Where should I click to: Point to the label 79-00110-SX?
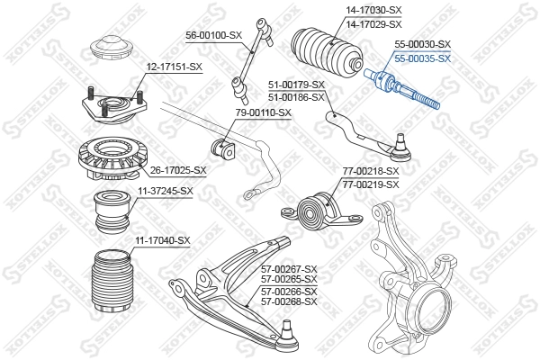click(x=263, y=112)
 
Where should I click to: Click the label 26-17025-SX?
click(x=178, y=169)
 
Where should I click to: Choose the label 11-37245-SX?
click(x=166, y=191)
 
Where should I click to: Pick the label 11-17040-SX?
click(x=163, y=240)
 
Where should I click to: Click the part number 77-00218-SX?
click(x=370, y=171)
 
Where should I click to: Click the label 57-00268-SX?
click(x=289, y=301)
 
